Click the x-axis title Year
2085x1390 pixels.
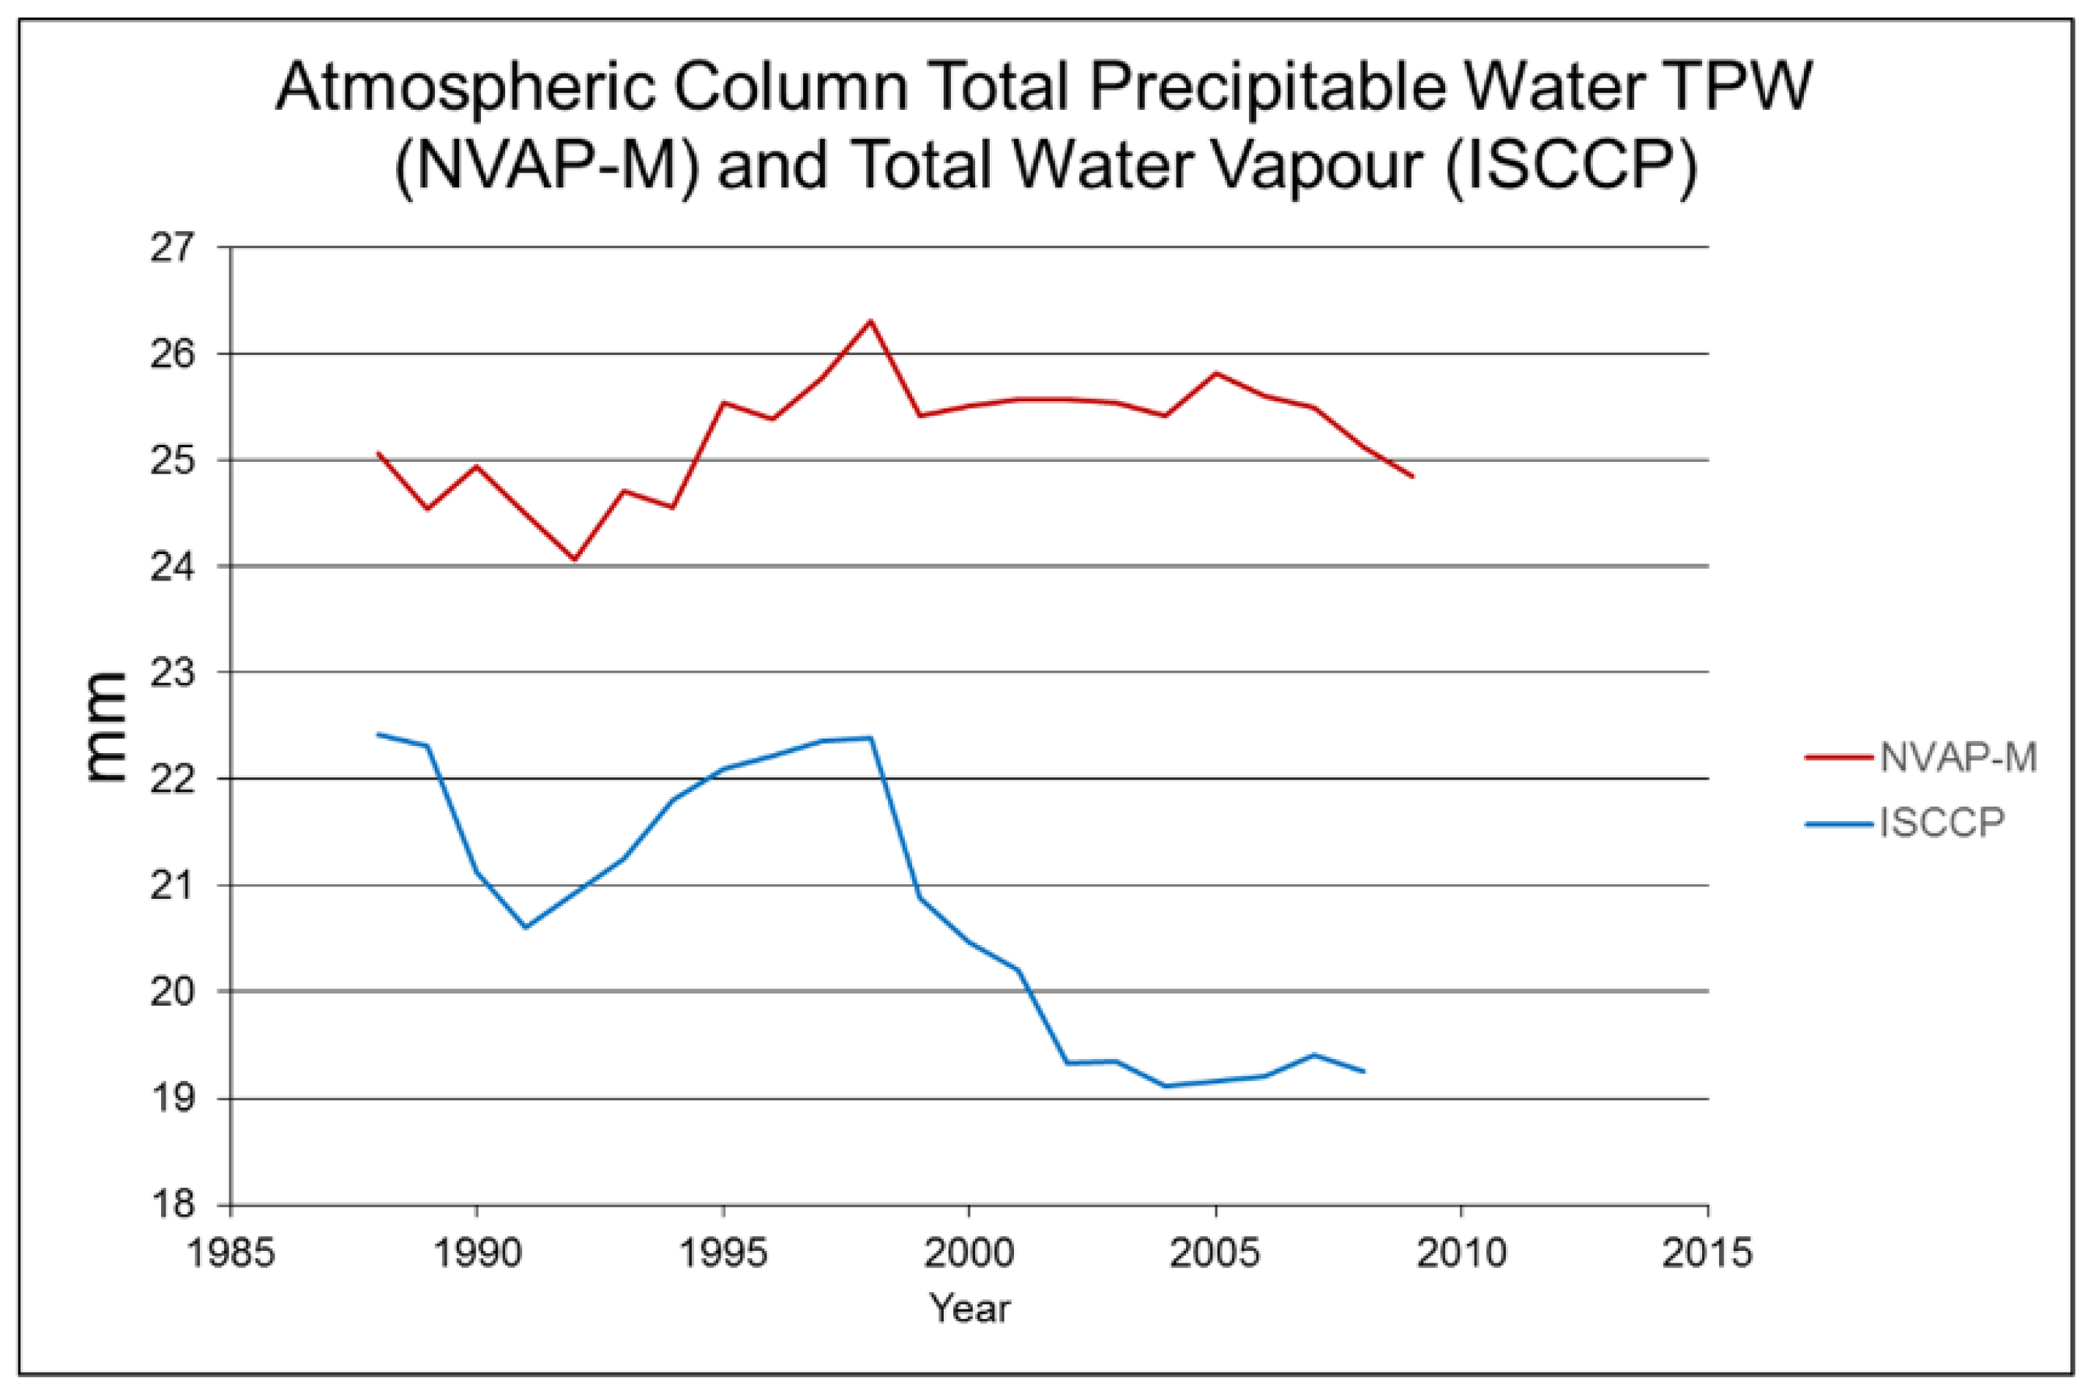click(969, 1309)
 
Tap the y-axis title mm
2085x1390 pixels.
click(105, 727)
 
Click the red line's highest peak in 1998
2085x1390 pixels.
click(870, 320)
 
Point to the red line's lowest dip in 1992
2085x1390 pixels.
click(575, 560)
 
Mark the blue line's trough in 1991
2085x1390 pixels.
click(526, 927)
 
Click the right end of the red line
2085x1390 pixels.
click(1412, 477)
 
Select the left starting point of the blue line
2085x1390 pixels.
click(378, 734)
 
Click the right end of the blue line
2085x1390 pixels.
click(1363, 1072)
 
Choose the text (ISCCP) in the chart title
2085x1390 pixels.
click(1571, 165)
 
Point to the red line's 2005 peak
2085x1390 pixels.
click(1215, 373)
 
